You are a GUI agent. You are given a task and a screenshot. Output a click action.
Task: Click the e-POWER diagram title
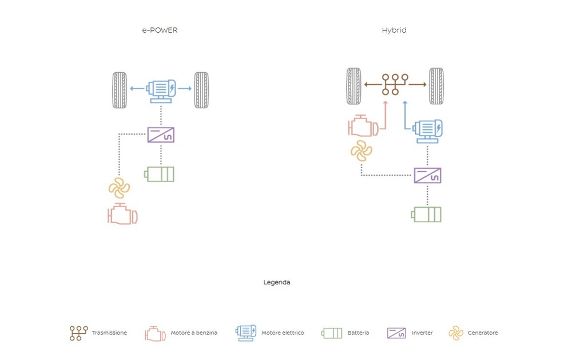pyautogui.click(x=160, y=30)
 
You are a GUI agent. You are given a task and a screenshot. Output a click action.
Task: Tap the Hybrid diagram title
pyautogui.click(x=394, y=30)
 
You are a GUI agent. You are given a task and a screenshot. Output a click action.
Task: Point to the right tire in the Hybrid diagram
pyautogui.click(x=436, y=86)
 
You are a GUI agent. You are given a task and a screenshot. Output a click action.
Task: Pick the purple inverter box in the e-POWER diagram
pyautogui.click(x=161, y=135)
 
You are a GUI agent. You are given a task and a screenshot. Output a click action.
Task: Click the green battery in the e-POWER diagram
pyautogui.click(x=160, y=174)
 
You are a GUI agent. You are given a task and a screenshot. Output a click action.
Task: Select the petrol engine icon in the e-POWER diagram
pyautogui.click(x=122, y=214)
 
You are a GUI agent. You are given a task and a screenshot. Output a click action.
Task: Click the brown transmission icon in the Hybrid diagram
pyautogui.click(x=395, y=84)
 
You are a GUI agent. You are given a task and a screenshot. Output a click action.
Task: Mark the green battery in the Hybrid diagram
pyautogui.click(x=426, y=214)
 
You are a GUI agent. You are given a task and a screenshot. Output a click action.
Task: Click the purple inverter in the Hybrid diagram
pyautogui.click(x=427, y=175)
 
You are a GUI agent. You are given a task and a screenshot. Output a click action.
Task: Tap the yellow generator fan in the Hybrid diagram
pyautogui.click(x=361, y=151)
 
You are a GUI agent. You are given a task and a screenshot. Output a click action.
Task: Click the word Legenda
pyautogui.click(x=277, y=282)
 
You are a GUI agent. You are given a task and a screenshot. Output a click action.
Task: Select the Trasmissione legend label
pyautogui.click(x=109, y=333)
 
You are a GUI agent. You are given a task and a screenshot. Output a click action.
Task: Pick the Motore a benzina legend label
pyautogui.click(x=194, y=333)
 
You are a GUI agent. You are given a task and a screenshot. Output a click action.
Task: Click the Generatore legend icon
pyautogui.click(x=455, y=333)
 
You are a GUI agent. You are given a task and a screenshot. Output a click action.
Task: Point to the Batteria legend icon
pyautogui.click(x=332, y=333)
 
